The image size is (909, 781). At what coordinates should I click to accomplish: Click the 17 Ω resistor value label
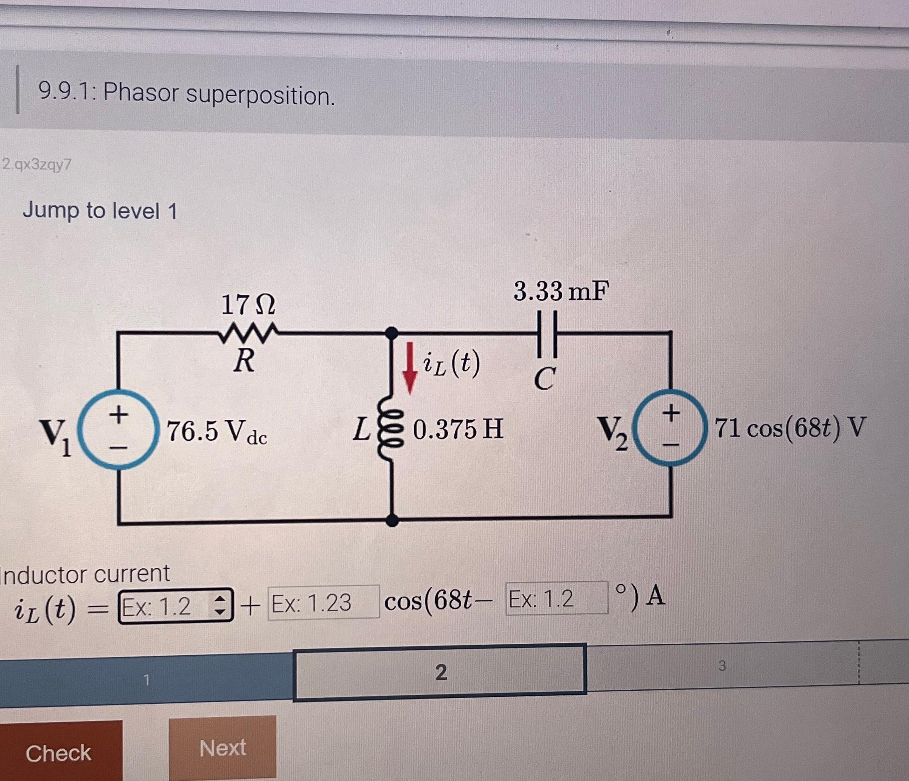pos(248,305)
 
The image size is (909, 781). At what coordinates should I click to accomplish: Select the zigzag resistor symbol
pos(248,333)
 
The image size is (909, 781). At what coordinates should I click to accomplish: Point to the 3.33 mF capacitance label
pos(561,292)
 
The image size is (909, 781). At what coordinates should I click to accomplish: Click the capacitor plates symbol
pos(546,334)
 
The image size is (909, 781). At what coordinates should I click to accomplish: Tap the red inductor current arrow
pos(410,368)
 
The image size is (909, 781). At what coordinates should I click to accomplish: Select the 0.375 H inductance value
pos(458,429)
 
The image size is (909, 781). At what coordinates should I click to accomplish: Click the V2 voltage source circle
pos(670,427)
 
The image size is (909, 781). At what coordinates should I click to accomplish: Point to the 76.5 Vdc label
pos(216,431)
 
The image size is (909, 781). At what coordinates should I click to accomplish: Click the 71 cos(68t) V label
pos(790,428)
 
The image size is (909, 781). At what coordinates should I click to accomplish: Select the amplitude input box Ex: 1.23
pos(323,602)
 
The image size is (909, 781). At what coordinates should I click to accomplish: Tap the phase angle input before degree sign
pos(556,598)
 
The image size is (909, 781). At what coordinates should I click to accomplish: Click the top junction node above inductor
pos(392,333)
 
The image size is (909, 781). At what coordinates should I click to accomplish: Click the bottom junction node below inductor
pos(392,520)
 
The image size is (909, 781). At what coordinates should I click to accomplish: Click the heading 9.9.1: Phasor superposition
pos(186,94)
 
